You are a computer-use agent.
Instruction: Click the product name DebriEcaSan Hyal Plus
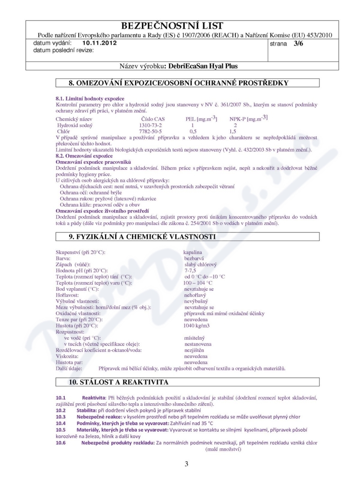pos(201,66)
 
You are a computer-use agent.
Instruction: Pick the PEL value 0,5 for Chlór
pos(193,131)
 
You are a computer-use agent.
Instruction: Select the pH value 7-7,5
pos(191,270)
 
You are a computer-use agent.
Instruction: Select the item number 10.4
pos(61,422)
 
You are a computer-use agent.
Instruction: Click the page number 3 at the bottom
pos(186,464)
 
